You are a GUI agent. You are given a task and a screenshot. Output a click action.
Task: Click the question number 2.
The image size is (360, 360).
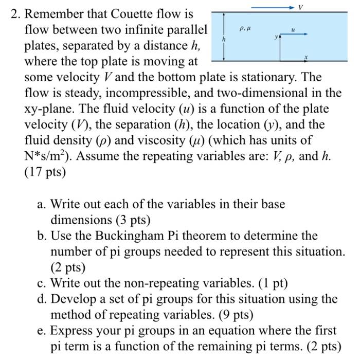click(x=15, y=14)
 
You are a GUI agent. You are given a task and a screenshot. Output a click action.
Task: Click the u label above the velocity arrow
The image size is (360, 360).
click(x=293, y=30)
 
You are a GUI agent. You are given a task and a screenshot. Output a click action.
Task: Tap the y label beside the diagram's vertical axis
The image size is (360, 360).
click(x=276, y=37)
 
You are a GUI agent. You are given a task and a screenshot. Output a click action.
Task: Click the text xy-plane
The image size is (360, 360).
click(x=52, y=109)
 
